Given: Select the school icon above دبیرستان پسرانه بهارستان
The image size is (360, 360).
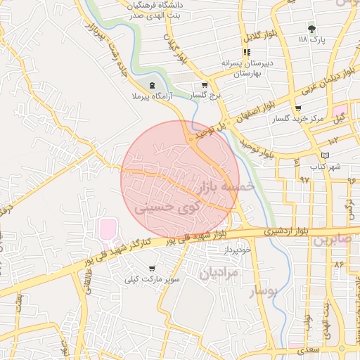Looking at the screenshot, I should pos(247,52).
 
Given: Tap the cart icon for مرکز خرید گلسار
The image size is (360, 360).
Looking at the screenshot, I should pos(298,109).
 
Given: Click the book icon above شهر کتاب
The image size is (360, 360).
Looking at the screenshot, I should pos(324,155).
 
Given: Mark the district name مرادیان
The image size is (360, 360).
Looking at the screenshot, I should pos(220,271).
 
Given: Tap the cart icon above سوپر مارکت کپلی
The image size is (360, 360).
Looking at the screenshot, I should pos(153,269).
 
